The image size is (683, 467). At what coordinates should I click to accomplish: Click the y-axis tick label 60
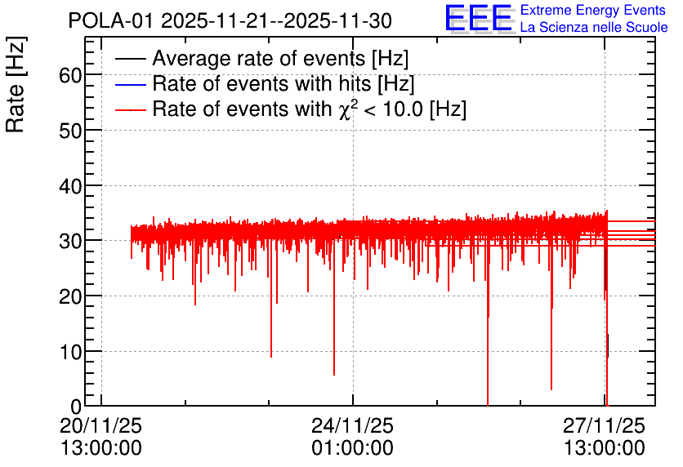[70, 75]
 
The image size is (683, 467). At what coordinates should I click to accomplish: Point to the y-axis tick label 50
[70, 131]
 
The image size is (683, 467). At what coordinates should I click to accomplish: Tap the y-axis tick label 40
[70, 186]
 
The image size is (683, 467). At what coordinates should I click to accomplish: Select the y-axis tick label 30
[70, 241]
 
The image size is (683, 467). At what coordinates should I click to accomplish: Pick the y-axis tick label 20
[70, 297]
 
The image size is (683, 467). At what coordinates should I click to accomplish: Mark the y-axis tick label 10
[70, 352]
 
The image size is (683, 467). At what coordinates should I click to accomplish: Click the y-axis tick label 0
[76, 407]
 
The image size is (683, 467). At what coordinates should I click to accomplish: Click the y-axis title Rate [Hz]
[16, 84]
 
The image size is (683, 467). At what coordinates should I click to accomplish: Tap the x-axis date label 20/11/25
[100, 425]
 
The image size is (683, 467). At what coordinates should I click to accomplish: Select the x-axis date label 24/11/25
[352, 425]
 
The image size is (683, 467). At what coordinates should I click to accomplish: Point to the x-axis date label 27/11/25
[604, 425]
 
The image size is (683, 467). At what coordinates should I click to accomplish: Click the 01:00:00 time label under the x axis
[352, 448]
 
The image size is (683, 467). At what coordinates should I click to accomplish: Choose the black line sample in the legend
[130, 59]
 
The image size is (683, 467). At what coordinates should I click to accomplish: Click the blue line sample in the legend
[130, 84]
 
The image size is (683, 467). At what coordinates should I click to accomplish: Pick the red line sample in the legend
[130, 109]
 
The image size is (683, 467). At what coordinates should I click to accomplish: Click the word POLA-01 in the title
[110, 21]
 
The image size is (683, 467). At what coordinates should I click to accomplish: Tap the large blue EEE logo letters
[479, 18]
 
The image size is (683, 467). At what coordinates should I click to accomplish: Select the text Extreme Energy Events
[593, 10]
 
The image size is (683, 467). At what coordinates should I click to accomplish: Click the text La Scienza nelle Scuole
[594, 28]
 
